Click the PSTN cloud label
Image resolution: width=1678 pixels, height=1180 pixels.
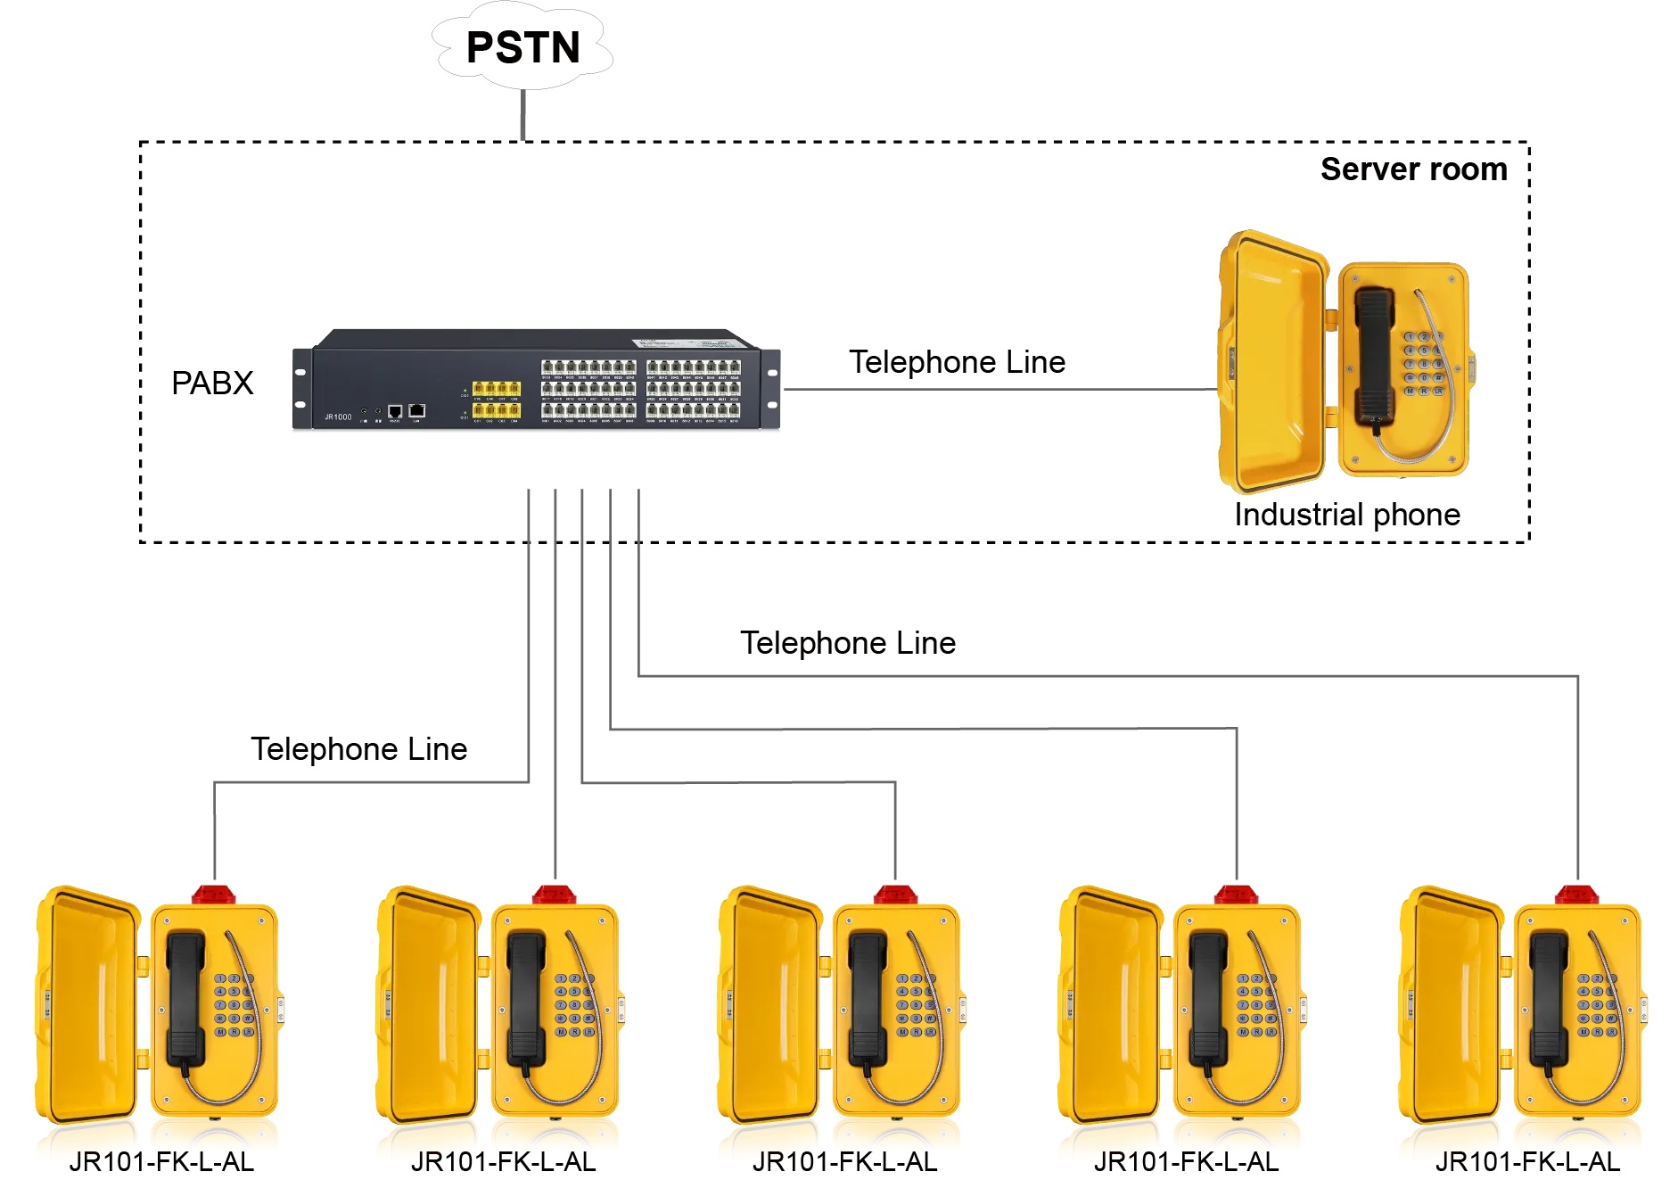[522, 47]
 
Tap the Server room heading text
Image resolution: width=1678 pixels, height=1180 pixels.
[1413, 169]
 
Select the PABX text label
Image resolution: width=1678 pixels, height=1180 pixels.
[212, 383]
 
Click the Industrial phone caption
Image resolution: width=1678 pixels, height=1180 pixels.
[1346, 515]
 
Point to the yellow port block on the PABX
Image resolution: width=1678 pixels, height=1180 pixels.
[496, 399]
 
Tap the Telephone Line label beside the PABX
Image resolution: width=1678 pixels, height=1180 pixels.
[957, 362]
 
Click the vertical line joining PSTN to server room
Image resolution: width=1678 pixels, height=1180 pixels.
[522, 115]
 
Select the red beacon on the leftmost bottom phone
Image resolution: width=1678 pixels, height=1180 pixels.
[214, 893]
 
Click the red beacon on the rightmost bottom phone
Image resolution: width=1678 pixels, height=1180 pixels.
[1576, 893]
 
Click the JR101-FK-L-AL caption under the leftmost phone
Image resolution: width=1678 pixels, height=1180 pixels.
[161, 1161]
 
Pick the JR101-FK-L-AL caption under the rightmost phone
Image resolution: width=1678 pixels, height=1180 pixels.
[1527, 1161]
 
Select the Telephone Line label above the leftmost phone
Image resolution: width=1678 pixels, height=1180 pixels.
[358, 749]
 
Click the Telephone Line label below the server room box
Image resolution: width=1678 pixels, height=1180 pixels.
[847, 643]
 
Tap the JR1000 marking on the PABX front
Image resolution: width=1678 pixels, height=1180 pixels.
[338, 417]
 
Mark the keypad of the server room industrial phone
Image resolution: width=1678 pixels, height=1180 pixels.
[1424, 364]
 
